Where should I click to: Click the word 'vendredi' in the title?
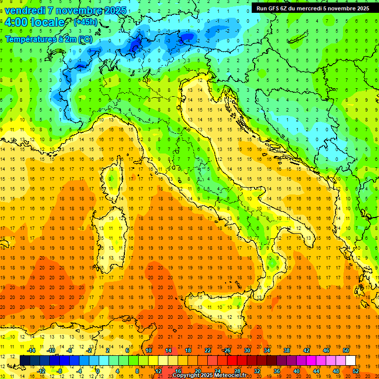[x=24, y=10]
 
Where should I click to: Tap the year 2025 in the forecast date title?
[x=115, y=10]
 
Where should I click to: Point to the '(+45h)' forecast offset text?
[x=85, y=22]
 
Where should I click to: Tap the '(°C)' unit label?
[x=84, y=38]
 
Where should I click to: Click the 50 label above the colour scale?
[x=346, y=350]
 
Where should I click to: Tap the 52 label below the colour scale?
[x=356, y=371]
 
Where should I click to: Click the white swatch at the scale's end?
[x=350, y=360]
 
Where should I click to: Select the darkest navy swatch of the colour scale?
[x=25, y=360]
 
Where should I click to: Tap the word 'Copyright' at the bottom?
[x=187, y=376]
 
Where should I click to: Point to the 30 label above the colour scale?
[x=247, y=350]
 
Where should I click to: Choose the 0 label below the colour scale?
[x=98, y=371]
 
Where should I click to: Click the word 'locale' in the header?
[x=47, y=22]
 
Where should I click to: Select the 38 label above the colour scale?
[x=286, y=350]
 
